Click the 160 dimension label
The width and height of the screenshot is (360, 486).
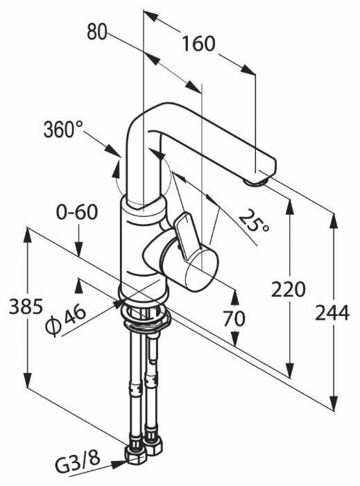[x=198, y=44]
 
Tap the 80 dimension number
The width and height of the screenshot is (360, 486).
[x=96, y=32]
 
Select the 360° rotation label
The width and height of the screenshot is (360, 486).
[x=64, y=129]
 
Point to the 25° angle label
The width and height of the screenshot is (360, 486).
[x=254, y=220]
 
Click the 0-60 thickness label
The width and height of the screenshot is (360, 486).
[x=77, y=212]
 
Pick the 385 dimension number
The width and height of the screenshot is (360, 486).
[x=26, y=307]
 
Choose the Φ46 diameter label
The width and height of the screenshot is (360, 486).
[x=65, y=319]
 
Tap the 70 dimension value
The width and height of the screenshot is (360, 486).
[x=234, y=318]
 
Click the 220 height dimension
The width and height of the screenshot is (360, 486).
[x=289, y=290]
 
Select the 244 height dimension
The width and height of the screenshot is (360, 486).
[x=332, y=313]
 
